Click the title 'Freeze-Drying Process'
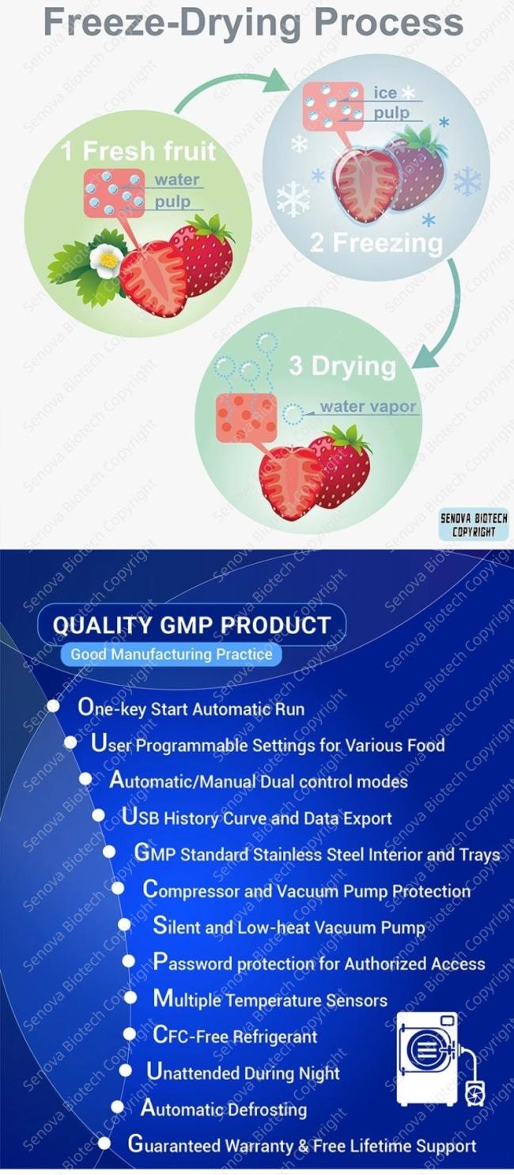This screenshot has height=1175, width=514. click(x=253, y=22)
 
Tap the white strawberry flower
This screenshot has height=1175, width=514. click(x=107, y=257)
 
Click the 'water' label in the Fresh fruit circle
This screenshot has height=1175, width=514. click(x=177, y=179)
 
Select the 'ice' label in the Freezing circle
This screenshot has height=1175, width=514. click(x=385, y=93)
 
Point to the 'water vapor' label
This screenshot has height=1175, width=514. click(x=368, y=406)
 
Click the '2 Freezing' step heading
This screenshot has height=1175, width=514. click(x=376, y=243)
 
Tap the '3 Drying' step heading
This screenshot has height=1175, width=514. click(x=342, y=366)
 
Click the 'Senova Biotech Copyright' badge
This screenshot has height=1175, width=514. click(x=474, y=524)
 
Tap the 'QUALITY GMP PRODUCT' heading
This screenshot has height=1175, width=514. click(x=191, y=625)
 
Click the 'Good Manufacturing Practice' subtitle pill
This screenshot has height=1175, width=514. click(x=171, y=654)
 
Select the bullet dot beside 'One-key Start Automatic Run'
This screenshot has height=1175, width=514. click(x=53, y=706)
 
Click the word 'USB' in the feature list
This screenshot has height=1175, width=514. click(x=141, y=817)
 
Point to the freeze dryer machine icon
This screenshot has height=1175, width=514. click(x=440, y=1059)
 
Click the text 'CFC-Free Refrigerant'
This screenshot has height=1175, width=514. click(x=235, y=1036)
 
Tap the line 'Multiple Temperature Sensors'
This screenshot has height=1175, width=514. click(x=270, y=999)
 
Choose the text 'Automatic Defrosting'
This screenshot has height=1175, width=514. click(x=224, y=1109)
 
